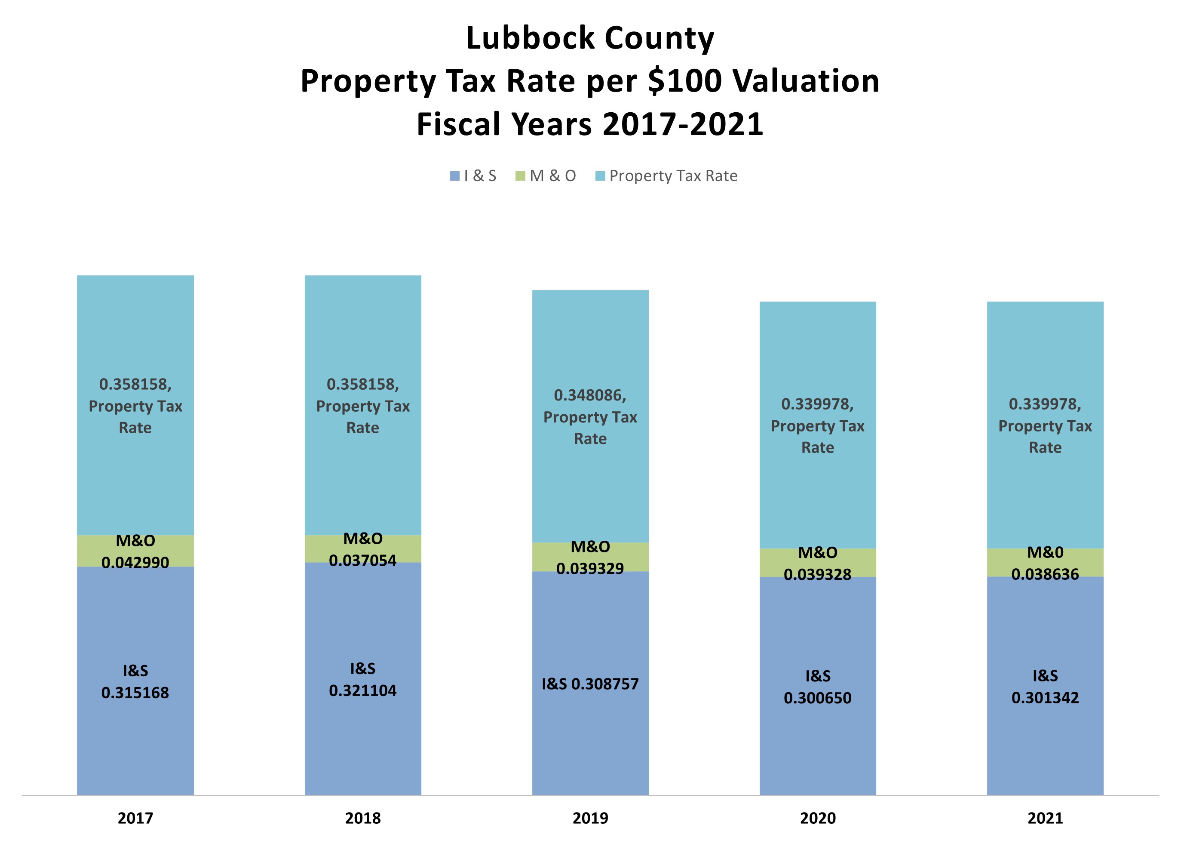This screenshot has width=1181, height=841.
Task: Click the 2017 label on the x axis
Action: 135,818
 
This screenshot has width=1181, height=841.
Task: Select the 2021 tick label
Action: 1045,818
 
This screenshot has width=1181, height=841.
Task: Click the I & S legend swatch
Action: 454,176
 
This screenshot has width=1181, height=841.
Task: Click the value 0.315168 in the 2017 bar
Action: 135,693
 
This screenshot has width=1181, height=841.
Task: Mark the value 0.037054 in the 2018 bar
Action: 363,561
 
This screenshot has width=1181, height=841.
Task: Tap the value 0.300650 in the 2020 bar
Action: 818,698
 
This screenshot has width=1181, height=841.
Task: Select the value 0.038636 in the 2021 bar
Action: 1045,574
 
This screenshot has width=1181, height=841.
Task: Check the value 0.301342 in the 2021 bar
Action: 1045,698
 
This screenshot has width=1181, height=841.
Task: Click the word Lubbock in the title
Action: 530,38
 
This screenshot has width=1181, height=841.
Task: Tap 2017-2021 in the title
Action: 683,125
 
